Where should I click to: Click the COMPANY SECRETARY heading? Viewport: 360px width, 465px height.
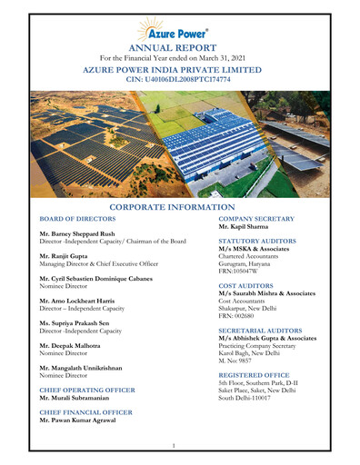point(256,219)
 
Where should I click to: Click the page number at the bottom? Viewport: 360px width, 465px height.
point(173,446)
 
